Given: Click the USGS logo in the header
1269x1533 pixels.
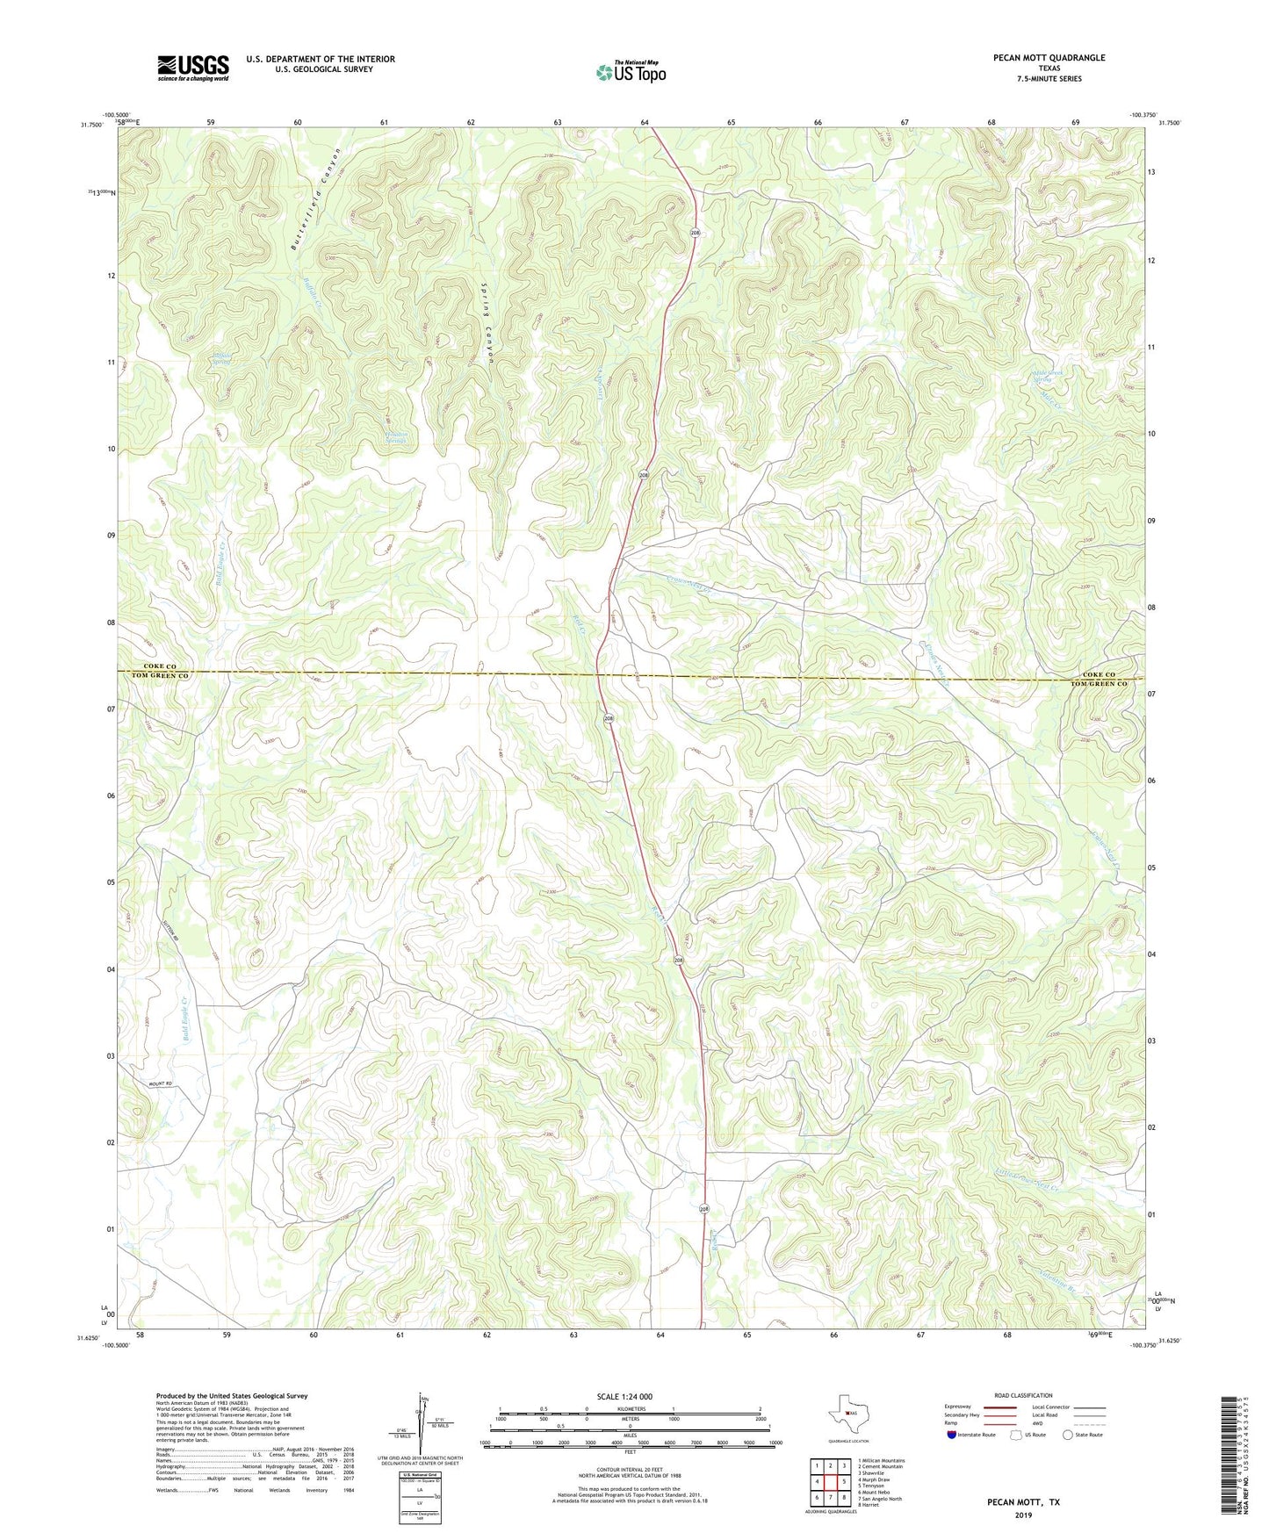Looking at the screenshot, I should tap(193, 68).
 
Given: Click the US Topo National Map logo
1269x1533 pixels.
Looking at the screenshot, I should tap(631, 72).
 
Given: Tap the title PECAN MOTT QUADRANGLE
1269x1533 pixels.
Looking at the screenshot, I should tap(1035, 58).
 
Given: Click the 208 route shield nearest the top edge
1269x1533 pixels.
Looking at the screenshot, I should tap(695, 233).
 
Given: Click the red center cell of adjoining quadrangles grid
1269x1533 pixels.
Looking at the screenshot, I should tap(830, 1481).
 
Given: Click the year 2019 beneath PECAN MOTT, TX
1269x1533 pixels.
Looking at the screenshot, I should tap(1023, 1515).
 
